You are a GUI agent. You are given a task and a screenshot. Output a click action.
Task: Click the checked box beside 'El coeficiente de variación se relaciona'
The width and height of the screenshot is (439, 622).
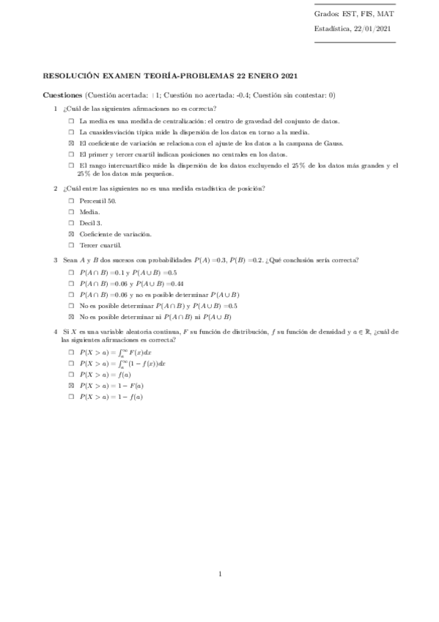click(71, 143)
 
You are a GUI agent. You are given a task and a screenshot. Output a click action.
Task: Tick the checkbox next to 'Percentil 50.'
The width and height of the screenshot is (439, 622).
click(71, 200)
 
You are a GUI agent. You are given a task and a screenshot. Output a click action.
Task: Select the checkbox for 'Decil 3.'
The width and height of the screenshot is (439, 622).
click(71, 222)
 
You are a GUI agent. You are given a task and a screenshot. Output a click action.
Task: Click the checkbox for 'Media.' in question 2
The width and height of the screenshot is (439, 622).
click(71, 211)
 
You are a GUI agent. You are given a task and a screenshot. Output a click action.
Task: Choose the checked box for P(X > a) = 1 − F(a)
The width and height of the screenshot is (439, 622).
click(71, 385)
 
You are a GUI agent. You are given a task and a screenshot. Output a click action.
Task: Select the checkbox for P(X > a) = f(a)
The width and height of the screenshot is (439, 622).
click(71, 374)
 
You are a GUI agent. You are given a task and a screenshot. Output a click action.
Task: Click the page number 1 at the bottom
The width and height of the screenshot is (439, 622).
click(220, 574)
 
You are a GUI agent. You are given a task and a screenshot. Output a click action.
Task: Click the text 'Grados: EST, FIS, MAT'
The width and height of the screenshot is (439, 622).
click(354, 14)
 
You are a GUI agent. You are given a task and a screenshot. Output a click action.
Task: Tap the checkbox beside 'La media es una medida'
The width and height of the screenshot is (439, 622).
click(71, 121)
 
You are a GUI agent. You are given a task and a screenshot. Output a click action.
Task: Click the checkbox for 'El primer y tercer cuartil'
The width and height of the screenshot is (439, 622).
click(71, 155)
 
